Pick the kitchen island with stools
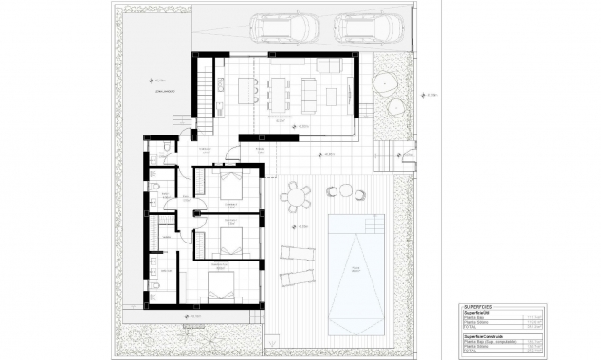coord(248,91)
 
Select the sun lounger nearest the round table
coord(297,253)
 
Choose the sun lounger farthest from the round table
coord(297,276)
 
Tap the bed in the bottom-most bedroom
coord(222,289)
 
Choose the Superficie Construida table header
coord(487,335)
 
